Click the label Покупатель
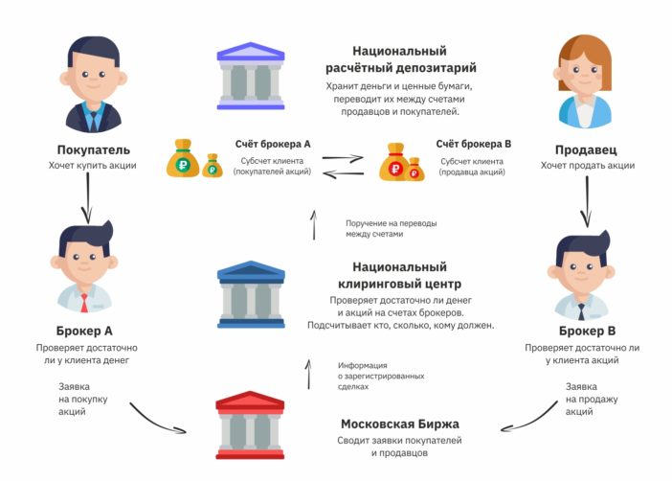(x=93, y=149)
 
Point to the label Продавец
(x=585, y=149)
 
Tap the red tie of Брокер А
(x=83, y=303)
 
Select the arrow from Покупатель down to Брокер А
(x=88, y=198)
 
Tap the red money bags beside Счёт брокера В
(x=401, y=161)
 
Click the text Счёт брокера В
(x=474, y=144)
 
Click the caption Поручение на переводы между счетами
(x=392, y=228)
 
